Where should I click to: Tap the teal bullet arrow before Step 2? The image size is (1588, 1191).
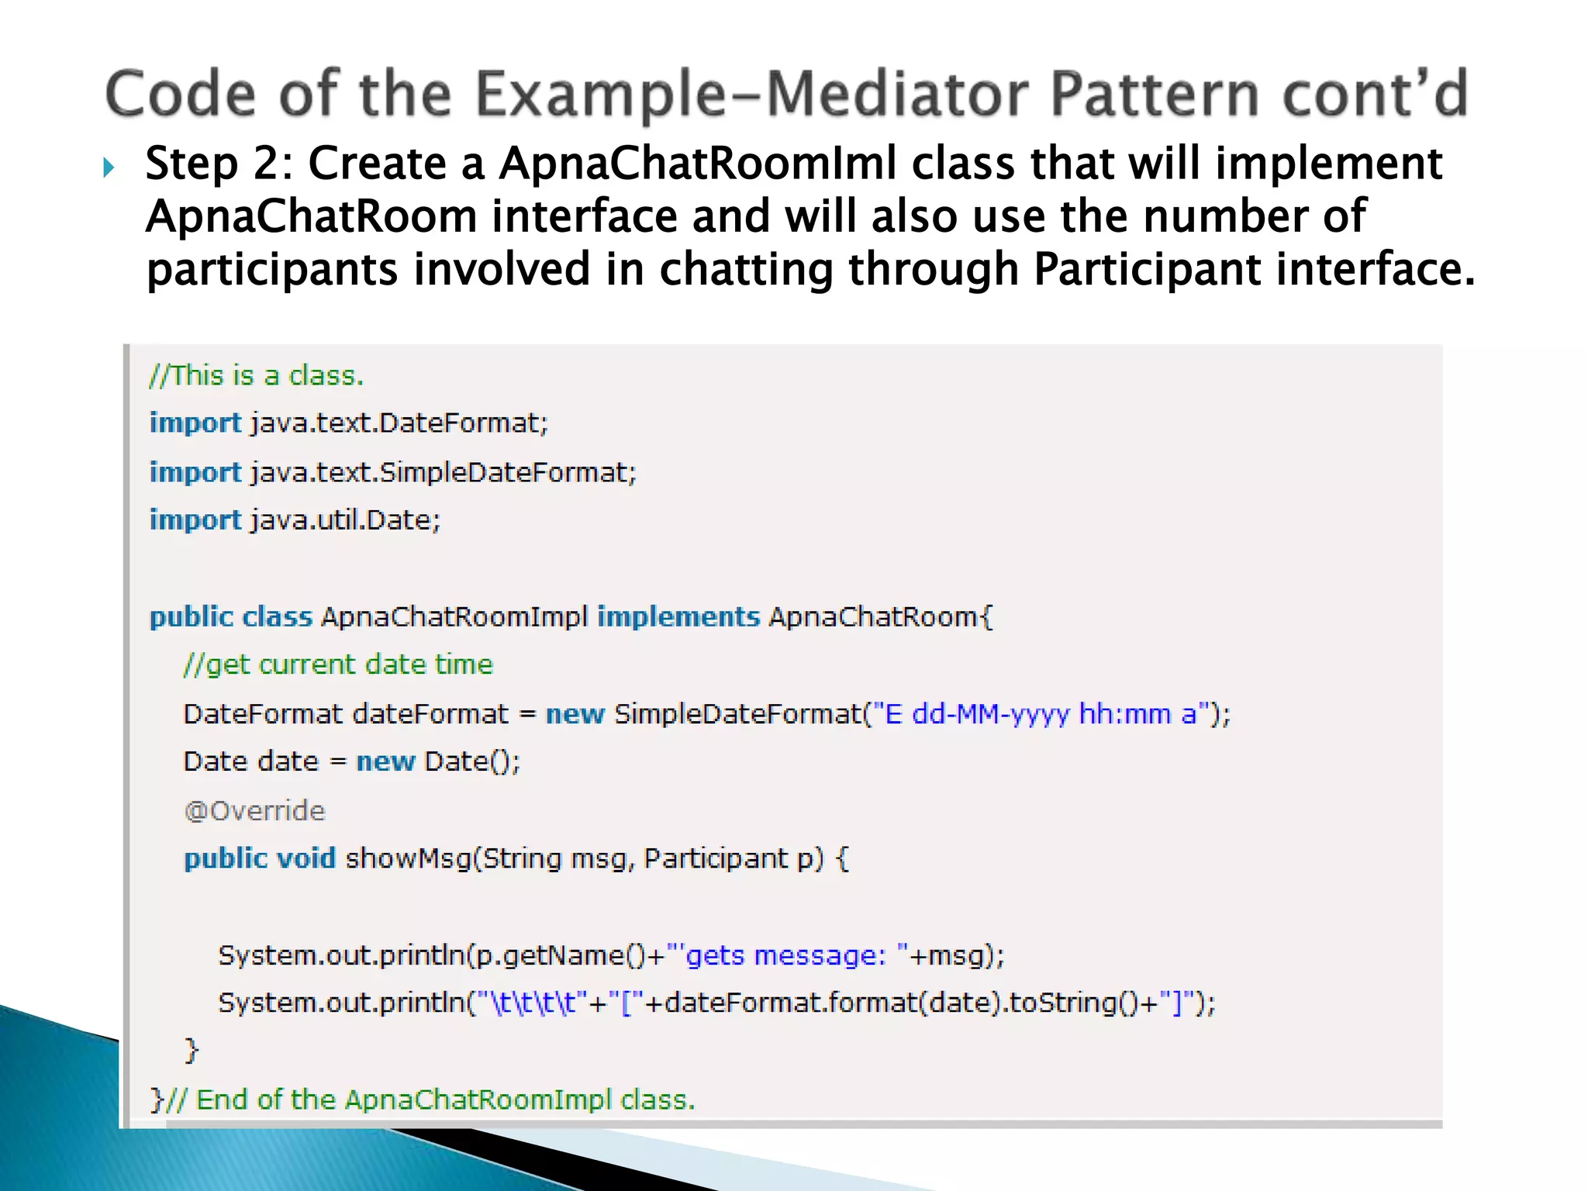(109, 167)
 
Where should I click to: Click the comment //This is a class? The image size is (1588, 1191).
(256, 376)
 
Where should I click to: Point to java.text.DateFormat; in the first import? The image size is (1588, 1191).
(399, 423)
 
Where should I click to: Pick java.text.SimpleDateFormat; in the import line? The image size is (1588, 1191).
(443, 472)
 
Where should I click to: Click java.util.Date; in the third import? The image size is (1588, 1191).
(345, 520)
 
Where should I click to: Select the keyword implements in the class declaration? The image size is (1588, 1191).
(678, 616)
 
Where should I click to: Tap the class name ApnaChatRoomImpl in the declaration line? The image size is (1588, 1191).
(454, 617)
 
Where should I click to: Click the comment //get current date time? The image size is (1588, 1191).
(338, 665)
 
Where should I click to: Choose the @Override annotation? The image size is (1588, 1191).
(254, 811)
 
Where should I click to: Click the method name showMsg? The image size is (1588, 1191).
(408, 859)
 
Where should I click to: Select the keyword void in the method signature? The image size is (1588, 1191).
(306, 859)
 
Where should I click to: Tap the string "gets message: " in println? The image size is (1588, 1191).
(787, 955)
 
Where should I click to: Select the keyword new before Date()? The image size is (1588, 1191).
(385, 761)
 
